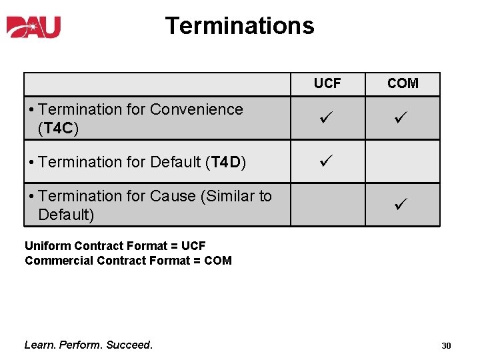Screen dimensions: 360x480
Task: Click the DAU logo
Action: pos(34,26)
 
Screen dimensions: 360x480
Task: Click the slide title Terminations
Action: pos(239,25)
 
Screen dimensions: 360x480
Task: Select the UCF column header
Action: pos(327,83)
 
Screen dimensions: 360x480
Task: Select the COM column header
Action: pos(403,83)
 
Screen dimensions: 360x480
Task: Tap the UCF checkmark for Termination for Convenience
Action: pos(327,118)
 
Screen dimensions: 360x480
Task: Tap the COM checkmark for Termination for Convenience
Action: pos(402,118)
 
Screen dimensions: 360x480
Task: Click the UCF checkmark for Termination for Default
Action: pos(327,161)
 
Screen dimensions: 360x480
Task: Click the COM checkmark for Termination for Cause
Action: pos(402,205)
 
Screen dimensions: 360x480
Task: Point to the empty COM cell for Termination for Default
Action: pos(403,161)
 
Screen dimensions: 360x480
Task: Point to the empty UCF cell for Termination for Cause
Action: pos(327,205)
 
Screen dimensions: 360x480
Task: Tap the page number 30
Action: pos(446,346)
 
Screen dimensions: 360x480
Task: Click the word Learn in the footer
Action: pos(39,345)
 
